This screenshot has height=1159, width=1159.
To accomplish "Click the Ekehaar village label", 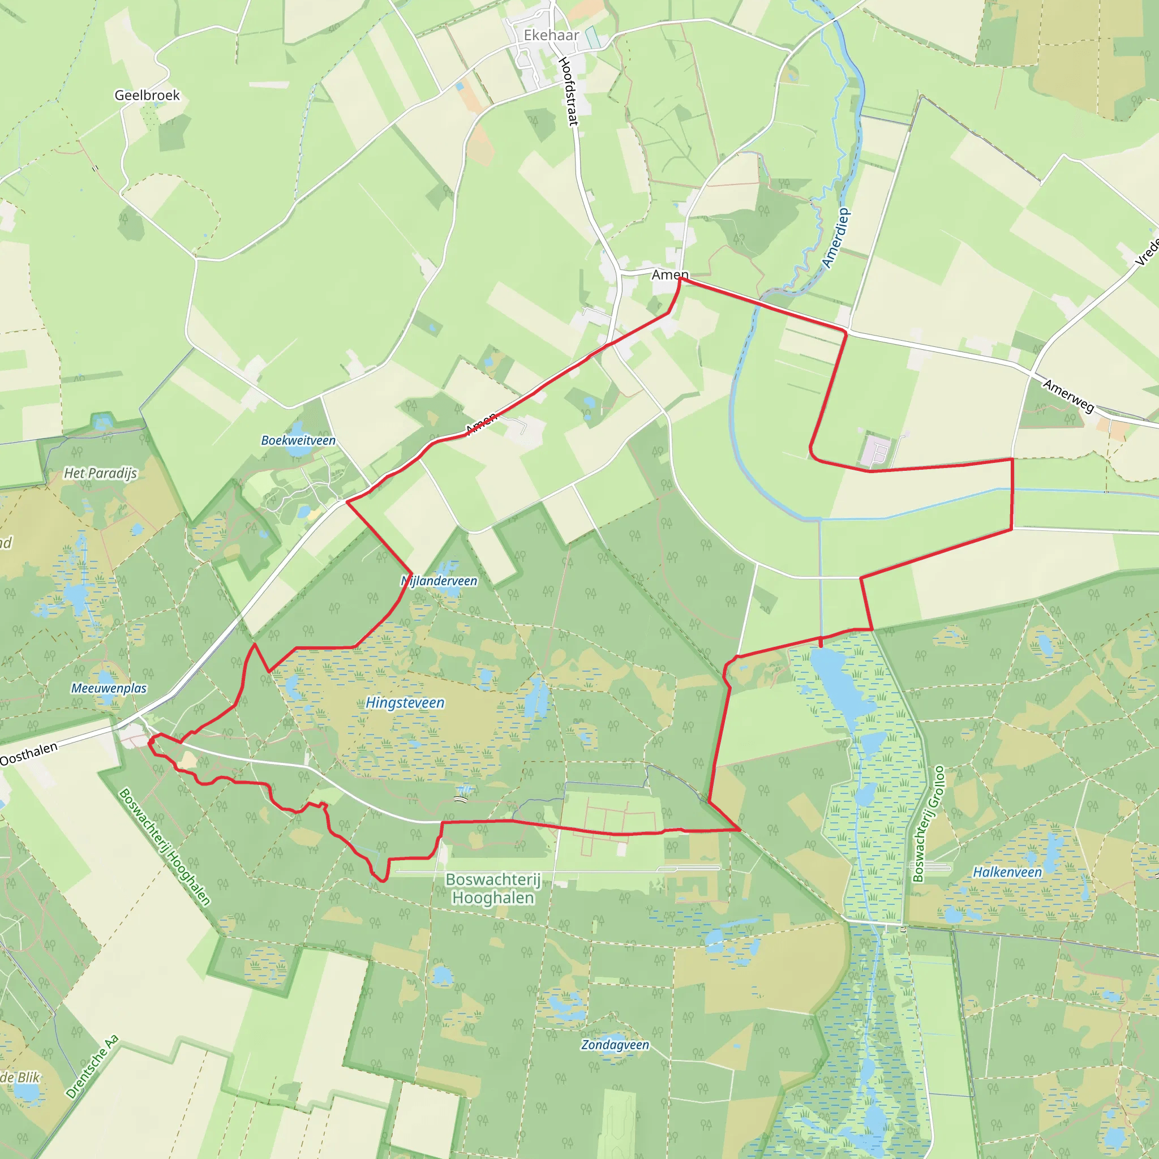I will pos(551,36).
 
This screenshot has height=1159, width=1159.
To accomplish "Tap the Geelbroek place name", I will pos(147,96).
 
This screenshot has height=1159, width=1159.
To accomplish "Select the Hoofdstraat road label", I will pos(568,91).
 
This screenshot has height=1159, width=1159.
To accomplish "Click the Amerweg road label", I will pos(1068,396).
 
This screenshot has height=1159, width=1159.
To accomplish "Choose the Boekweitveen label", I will pos(298,440).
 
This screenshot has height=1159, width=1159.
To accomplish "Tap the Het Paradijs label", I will pos(101,473).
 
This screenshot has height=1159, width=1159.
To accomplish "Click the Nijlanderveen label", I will pos(439,581).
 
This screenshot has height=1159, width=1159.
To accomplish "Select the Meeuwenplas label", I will pos(109,688).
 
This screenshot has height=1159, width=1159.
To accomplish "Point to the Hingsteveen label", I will pos(405,702).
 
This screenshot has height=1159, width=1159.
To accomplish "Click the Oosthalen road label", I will pos(29,754).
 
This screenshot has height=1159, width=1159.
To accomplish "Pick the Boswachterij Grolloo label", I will pos(928,823).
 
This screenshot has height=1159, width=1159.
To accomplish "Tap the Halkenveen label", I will pos(1007,872).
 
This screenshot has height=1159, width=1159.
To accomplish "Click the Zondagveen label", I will pos(615,1045).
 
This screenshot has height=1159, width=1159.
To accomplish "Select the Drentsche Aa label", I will pos(92,1067).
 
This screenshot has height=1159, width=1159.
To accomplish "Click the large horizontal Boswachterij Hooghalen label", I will pos(493,888).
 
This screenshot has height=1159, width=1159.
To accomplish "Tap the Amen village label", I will pos(670,274).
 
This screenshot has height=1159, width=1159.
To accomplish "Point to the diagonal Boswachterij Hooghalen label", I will pos(165,847).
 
